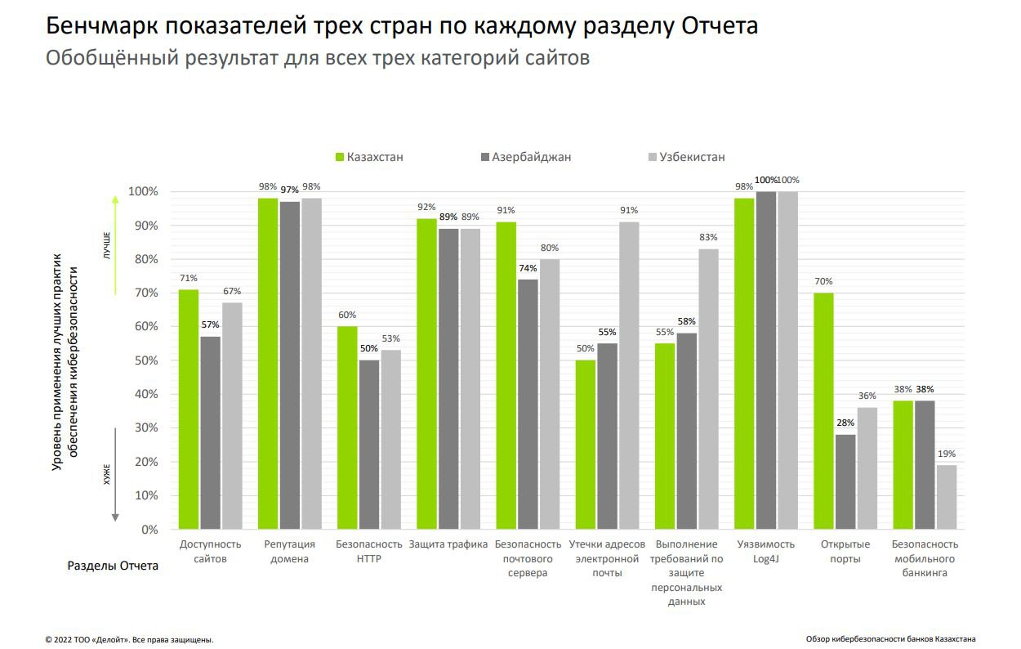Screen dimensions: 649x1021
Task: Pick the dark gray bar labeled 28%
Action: tap(845, 481)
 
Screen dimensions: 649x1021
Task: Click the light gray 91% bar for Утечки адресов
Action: tap(629, 376)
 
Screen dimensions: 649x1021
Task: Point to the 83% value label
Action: tap(708, 237)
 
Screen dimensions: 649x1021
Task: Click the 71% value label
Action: tap(189, 278)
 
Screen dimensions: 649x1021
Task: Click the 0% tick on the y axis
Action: tap(149, 530)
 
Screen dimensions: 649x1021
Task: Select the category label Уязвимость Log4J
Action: tap(765, 552)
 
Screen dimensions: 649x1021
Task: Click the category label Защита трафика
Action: tap(448, 544)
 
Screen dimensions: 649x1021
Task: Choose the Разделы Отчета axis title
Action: tap(113, 566)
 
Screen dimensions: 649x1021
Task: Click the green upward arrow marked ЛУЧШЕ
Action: tap(115, 245)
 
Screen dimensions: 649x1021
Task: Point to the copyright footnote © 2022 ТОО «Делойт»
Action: tap(129, 639)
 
